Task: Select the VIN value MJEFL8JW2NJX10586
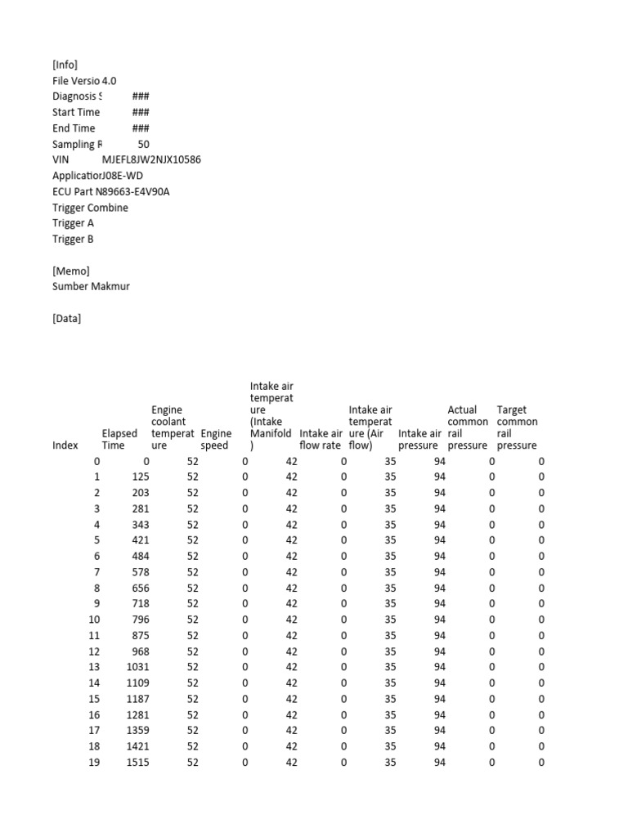(151, 159)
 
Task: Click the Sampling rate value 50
(143, 144)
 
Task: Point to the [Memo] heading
(70, 271)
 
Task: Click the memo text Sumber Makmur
(91, 287)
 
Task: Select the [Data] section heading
(66, 319)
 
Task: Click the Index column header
(65, 445)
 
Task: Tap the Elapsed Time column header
(119, 440)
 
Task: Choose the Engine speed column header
(216, 440)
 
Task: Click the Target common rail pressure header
(517, 427)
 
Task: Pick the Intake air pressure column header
(419, 440)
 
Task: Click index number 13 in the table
(94, 667)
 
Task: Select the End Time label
(74, 128)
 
